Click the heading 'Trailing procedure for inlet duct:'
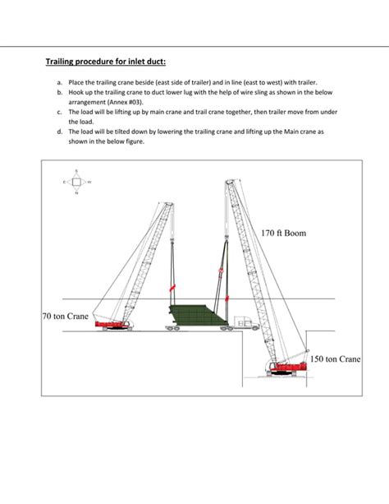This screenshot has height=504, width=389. tap(110, 62)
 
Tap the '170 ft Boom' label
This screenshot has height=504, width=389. tap(283, 234)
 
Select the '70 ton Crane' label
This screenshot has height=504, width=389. tap(65, 316)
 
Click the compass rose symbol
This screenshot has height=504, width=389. tap(76, 182)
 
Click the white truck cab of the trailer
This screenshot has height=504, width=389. tap(243, 322)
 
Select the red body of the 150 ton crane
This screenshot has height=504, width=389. tap(283, 369)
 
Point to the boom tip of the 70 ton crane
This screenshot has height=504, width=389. tap(171, 204)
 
